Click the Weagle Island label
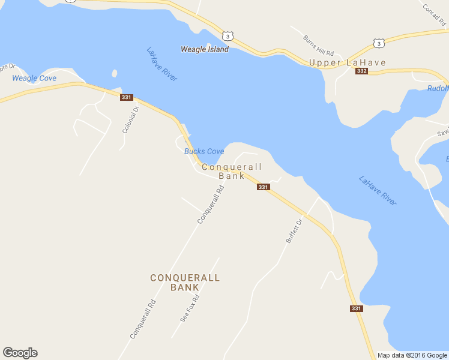pos(205,49)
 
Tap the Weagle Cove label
pos(34,79)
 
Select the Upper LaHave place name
pos(347,62)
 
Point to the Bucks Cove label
pos(204,151)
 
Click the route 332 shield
pos(361,71)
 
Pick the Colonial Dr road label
pos(130,119)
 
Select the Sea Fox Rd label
pos(190,309)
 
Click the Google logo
pos(20,353)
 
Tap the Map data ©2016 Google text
pos(412,355)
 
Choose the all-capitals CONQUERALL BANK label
pos(185,283)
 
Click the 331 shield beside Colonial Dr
pos(126,97)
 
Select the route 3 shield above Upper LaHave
pos(378,43)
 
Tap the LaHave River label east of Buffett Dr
pos(378,190)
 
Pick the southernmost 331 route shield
pos(357,308)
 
